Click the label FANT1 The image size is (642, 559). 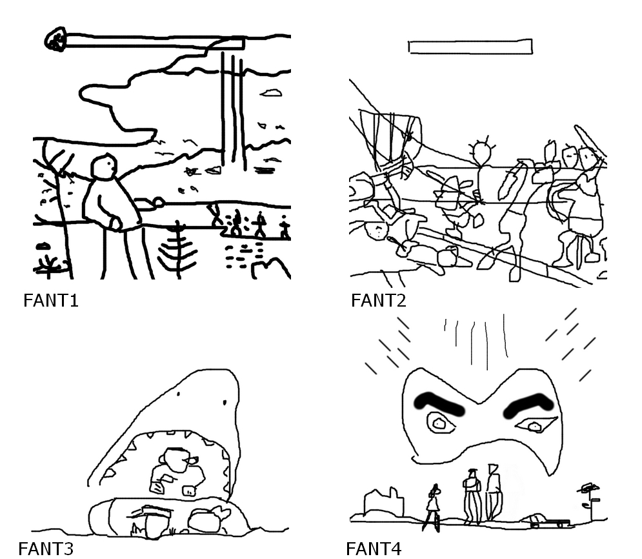[51, 301]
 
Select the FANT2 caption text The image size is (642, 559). [379, 301]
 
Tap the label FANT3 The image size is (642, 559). [46, 549]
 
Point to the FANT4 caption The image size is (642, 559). [374, 549]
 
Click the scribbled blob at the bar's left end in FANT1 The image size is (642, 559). [55, 39]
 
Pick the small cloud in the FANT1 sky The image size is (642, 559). [271, 93]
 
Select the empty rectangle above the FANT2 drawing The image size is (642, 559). [470, 46]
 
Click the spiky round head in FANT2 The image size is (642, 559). [483, 152]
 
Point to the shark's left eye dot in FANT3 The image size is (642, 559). [179, 394]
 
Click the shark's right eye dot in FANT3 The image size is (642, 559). [225, 403]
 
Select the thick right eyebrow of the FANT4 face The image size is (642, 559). [528, 405]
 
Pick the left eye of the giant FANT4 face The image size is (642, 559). [441, 423]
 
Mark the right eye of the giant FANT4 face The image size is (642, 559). [536, 426]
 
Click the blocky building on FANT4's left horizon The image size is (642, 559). [383, 502]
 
